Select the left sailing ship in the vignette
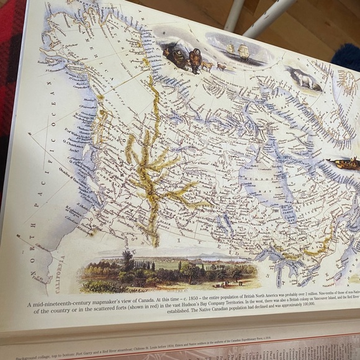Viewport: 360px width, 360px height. tap(231, 48)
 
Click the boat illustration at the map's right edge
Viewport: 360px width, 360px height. tap(345, 164)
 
